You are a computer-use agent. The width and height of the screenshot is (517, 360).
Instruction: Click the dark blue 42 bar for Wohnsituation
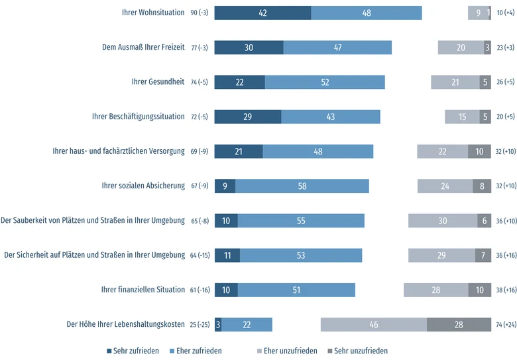[x=262, y=13]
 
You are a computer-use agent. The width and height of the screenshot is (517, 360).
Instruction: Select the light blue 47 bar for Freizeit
[x=337, y=48]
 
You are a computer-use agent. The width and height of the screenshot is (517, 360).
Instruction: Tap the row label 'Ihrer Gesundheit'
[x=158, y=82]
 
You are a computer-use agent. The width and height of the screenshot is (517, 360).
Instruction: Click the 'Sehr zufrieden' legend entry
[x=133, y=351]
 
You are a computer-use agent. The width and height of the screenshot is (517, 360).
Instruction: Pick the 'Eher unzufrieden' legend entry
[x=287, y=351]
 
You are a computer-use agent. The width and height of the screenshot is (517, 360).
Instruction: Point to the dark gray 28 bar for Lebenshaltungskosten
[x=459, y=325]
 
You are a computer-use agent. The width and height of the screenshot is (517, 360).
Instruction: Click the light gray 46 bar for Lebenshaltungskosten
[x=374, y=325]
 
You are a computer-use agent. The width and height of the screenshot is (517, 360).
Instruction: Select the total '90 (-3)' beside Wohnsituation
[x=200, y=13]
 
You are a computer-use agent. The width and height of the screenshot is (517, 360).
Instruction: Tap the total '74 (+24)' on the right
[x=506, y=325]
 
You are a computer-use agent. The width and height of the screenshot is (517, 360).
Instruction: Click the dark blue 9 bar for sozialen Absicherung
[x=225, y=186]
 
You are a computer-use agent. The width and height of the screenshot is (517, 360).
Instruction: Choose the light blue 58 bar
[x=302, y=186]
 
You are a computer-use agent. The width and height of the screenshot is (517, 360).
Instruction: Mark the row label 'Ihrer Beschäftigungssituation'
[x=138, y=117]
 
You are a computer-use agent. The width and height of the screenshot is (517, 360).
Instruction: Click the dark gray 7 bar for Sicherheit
[x=483, y=255]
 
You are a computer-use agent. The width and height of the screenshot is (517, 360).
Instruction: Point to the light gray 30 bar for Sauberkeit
[x=443, y=221]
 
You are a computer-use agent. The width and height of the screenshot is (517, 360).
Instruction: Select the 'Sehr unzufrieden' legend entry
[x=357, y=351]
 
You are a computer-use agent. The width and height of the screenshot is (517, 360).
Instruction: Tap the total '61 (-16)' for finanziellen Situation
[x=200, y=290]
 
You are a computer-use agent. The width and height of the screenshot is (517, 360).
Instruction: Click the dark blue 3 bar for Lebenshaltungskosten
[x=218, y=325]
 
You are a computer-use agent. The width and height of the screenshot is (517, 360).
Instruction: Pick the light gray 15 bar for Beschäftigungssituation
[x=462, y=117]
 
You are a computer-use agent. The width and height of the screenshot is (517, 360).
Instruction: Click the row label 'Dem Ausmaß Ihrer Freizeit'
[x=143, y=47]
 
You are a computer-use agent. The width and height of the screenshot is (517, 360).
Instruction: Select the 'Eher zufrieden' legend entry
[x=196, y=351]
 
